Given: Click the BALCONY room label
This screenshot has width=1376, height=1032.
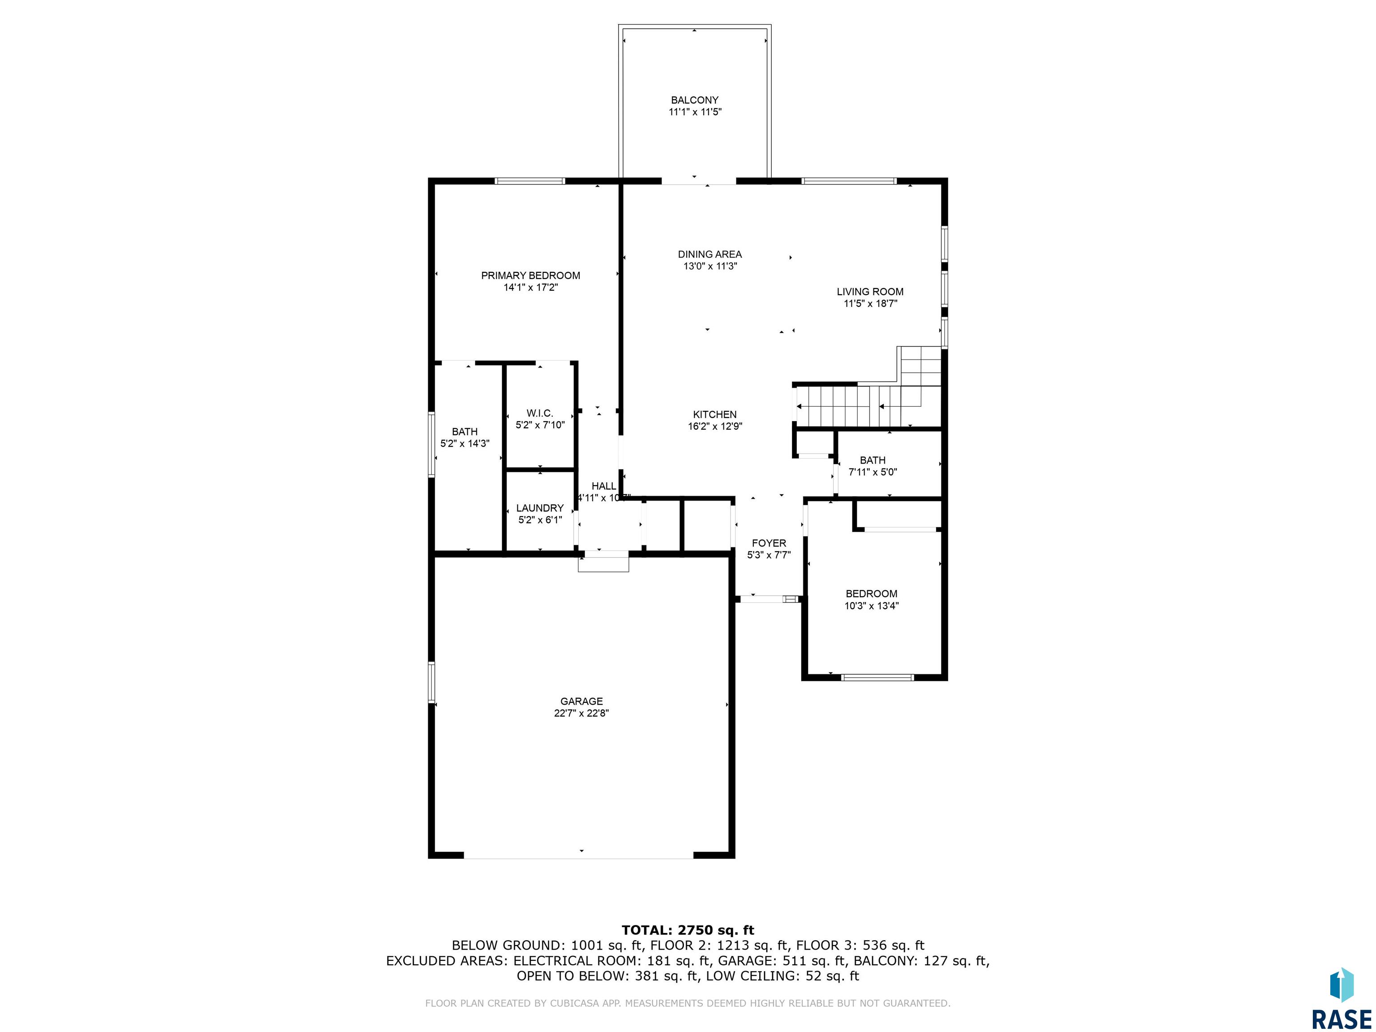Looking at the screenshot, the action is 694,100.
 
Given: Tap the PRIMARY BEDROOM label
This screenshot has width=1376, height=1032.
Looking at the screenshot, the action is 531,275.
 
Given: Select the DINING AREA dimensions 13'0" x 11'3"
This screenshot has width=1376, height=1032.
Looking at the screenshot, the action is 710,266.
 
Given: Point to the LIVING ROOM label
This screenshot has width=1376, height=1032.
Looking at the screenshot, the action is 870,292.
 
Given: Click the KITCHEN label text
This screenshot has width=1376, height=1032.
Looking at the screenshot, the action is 715,414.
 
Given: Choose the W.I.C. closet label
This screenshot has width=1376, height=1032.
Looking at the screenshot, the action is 539,413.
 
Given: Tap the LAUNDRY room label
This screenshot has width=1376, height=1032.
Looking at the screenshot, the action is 539,508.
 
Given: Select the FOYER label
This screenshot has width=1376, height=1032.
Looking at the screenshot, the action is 769,543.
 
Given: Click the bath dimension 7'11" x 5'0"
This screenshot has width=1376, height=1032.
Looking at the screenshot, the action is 873,472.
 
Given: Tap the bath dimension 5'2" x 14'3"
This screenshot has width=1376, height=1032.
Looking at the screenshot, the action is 464,443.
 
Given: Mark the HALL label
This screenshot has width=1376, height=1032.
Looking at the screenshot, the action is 603,486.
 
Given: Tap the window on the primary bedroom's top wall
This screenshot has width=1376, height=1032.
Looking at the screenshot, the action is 530,181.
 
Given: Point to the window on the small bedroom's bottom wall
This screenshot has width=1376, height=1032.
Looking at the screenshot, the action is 877,677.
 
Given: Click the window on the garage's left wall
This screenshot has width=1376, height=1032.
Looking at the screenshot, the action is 431,683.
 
